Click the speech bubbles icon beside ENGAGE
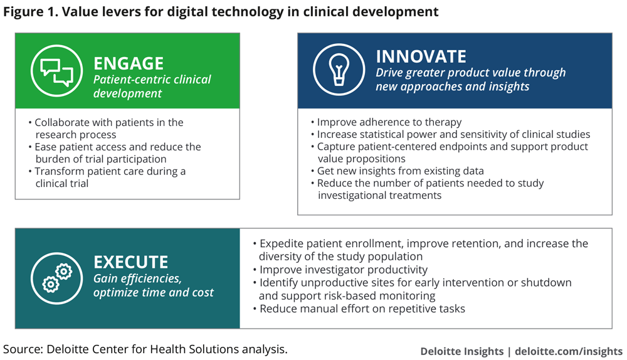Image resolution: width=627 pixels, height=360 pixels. point(57,71)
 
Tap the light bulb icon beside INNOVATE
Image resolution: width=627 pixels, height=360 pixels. point(339,69)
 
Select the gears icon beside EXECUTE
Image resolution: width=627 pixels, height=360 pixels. point(57,278)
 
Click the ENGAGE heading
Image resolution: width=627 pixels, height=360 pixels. point(129,63)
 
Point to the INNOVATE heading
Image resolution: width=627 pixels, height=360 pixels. point(421,56)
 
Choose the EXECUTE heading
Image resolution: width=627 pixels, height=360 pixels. point(131,262)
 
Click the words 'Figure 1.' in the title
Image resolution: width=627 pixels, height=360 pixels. point(31,11)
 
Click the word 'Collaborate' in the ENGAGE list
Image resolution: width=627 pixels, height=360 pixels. point(62,122)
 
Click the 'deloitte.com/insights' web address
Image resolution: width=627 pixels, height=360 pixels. point(569,351)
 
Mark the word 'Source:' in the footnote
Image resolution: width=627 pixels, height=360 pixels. point(23,349)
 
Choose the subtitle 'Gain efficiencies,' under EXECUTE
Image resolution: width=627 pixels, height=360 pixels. point(137,278)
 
